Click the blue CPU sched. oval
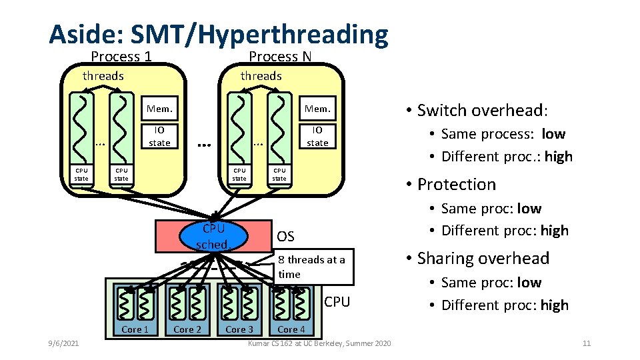click(214, 236)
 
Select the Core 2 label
click(187, 329)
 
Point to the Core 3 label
click(239, 329)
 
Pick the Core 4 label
click(291, 329)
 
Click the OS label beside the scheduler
click(285, 237)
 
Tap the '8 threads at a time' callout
click(311, 267)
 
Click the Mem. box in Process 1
click(159, 109)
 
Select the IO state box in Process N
click(317, 136)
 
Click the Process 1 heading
click(121, 57)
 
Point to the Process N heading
click(280, 57)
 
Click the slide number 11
click(587, 343)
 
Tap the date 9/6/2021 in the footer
click(63, 343)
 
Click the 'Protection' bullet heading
click(457, 184)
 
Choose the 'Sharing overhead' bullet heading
click(483, 258)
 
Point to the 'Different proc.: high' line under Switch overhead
click(507, 157)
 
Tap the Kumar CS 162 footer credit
click(319, 343)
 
